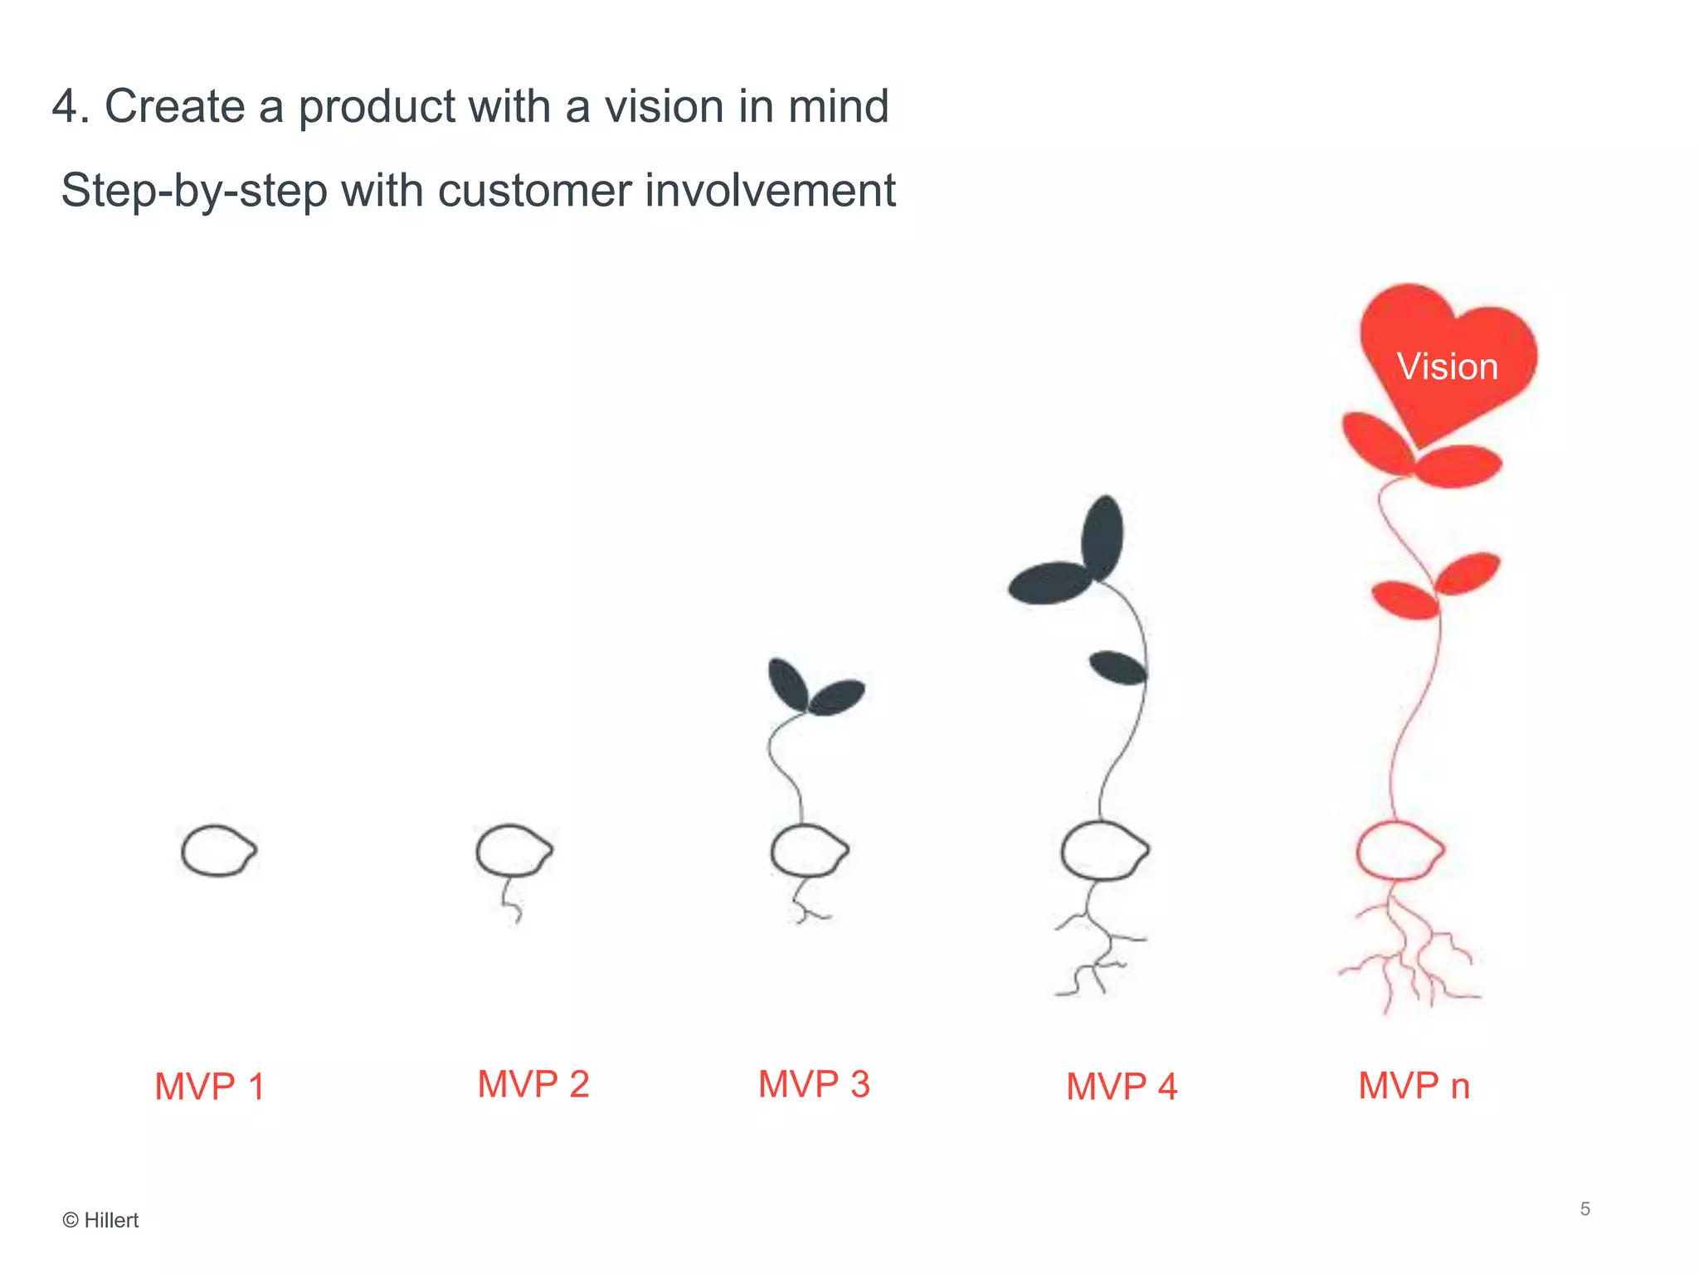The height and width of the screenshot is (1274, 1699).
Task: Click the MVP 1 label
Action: [x=209, y=1087]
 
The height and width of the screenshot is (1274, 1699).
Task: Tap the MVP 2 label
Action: [x=533, y=1084]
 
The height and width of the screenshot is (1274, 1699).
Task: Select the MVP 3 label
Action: [x=814, y=1084]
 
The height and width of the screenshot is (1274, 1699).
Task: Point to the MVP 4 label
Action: [x=1121, y=1087]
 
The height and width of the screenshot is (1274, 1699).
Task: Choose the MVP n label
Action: [x=1414, y=1086]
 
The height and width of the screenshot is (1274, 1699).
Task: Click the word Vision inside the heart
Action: [x=1447, y=367]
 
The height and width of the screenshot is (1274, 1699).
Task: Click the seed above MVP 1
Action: [x=218, y=850]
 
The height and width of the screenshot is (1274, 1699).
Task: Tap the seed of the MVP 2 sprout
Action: [x=514, y=850]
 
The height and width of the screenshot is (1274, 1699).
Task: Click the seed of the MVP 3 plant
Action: [x=809, y=850]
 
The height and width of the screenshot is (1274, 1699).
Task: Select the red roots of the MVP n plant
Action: [x=1410, y=954]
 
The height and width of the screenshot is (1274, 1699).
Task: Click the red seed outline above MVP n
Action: [x=1400, y=850]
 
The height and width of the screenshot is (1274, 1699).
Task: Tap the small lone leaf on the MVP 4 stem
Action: [x=1117, y=668]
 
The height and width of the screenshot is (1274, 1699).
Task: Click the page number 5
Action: [x=1585, y=1208]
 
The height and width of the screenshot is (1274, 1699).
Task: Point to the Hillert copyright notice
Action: [x=100, y=1220]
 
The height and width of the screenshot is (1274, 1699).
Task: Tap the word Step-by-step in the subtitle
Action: [x=194, y=191]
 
